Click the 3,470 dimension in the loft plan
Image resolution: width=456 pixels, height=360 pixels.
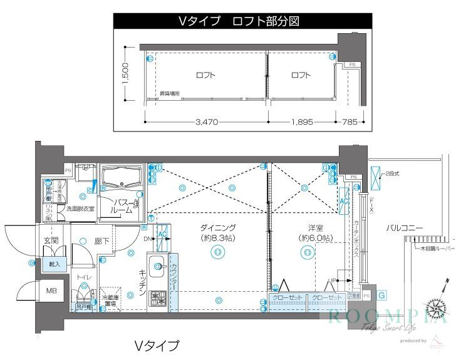click(205, 122)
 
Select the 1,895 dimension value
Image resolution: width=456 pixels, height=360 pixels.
click(301, 122)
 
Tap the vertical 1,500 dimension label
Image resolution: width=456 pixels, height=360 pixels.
click(125, 74)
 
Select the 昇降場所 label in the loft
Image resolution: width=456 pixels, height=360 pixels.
click(169, 94)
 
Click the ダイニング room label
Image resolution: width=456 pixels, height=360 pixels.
click(217, 228)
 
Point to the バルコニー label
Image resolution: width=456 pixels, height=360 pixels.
click(405, 229)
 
